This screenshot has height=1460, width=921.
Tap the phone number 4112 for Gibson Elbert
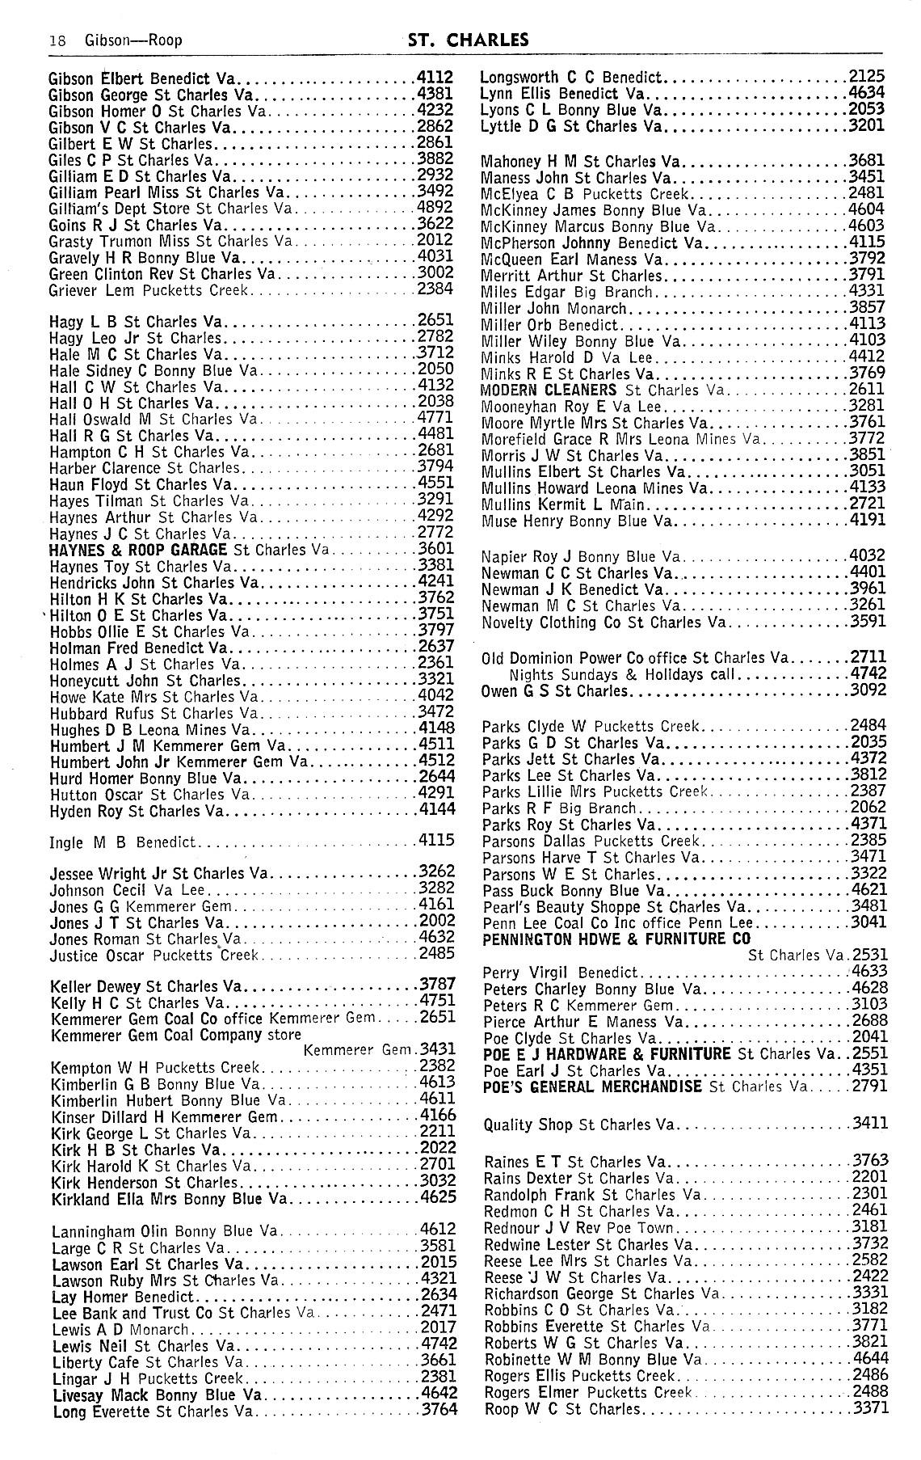click(x=436, y=78)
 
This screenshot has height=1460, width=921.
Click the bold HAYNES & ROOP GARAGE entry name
click(x=138, y=550)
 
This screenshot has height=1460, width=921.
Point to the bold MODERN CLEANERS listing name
click(x=549, y=390)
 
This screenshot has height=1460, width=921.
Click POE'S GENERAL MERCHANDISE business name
click(x=592, y=1087)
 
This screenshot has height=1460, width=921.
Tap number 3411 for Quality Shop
click(x=869, y=1122)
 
